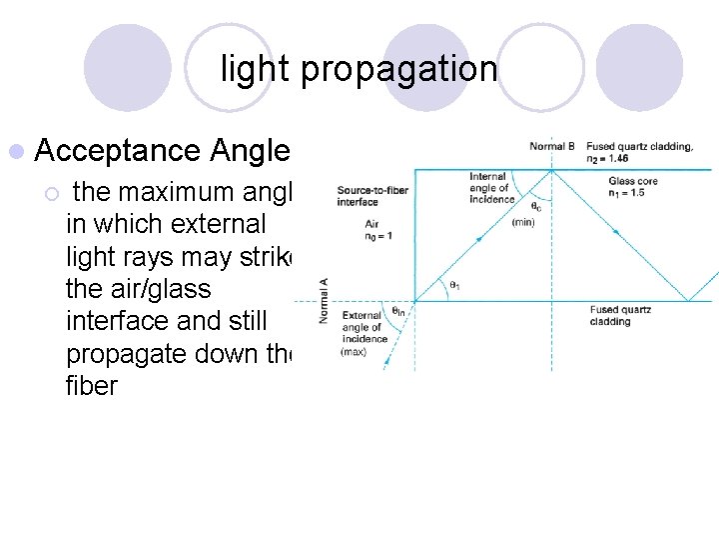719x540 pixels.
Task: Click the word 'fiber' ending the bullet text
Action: [x=92, y=385]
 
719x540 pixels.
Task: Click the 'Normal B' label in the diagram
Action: [x=552, y=147]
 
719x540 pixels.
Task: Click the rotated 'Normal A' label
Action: [x=324, y=298]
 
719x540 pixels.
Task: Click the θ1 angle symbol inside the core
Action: [x=453, y=285]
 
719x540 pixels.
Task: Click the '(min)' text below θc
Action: [x=523, y=222]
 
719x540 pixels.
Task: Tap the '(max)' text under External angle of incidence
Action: [x=353, y=351]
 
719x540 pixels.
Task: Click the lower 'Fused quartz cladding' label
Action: [x=619, y=315]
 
